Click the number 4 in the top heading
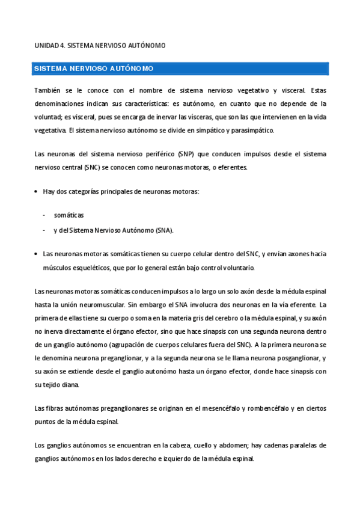[62, 45]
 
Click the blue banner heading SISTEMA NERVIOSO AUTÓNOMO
[93, 69]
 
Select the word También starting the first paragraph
[49, 91]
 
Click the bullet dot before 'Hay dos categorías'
[37, 191]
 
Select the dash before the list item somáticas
[44, 215]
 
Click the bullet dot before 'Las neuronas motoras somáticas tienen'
[37, 254]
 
